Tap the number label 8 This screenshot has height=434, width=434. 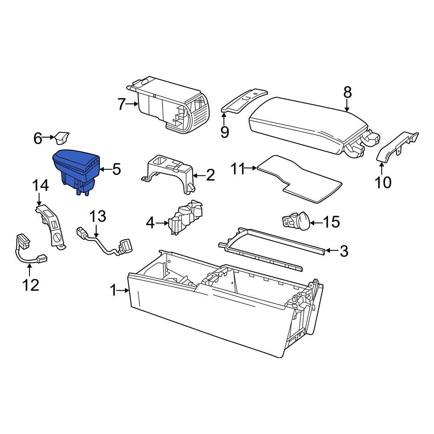[x=348, y=92]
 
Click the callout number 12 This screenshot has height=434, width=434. [x=30, y=285]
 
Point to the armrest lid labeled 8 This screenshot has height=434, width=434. [x=308, y=124]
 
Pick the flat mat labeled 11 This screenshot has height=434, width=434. [x=299, y=178]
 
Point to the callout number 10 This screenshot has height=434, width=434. [x=383, y=182]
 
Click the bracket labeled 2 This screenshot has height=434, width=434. [x=169, y=171]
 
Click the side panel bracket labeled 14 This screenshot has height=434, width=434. [x=51, y=226]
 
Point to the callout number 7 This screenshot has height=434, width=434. [x=122, y=104]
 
